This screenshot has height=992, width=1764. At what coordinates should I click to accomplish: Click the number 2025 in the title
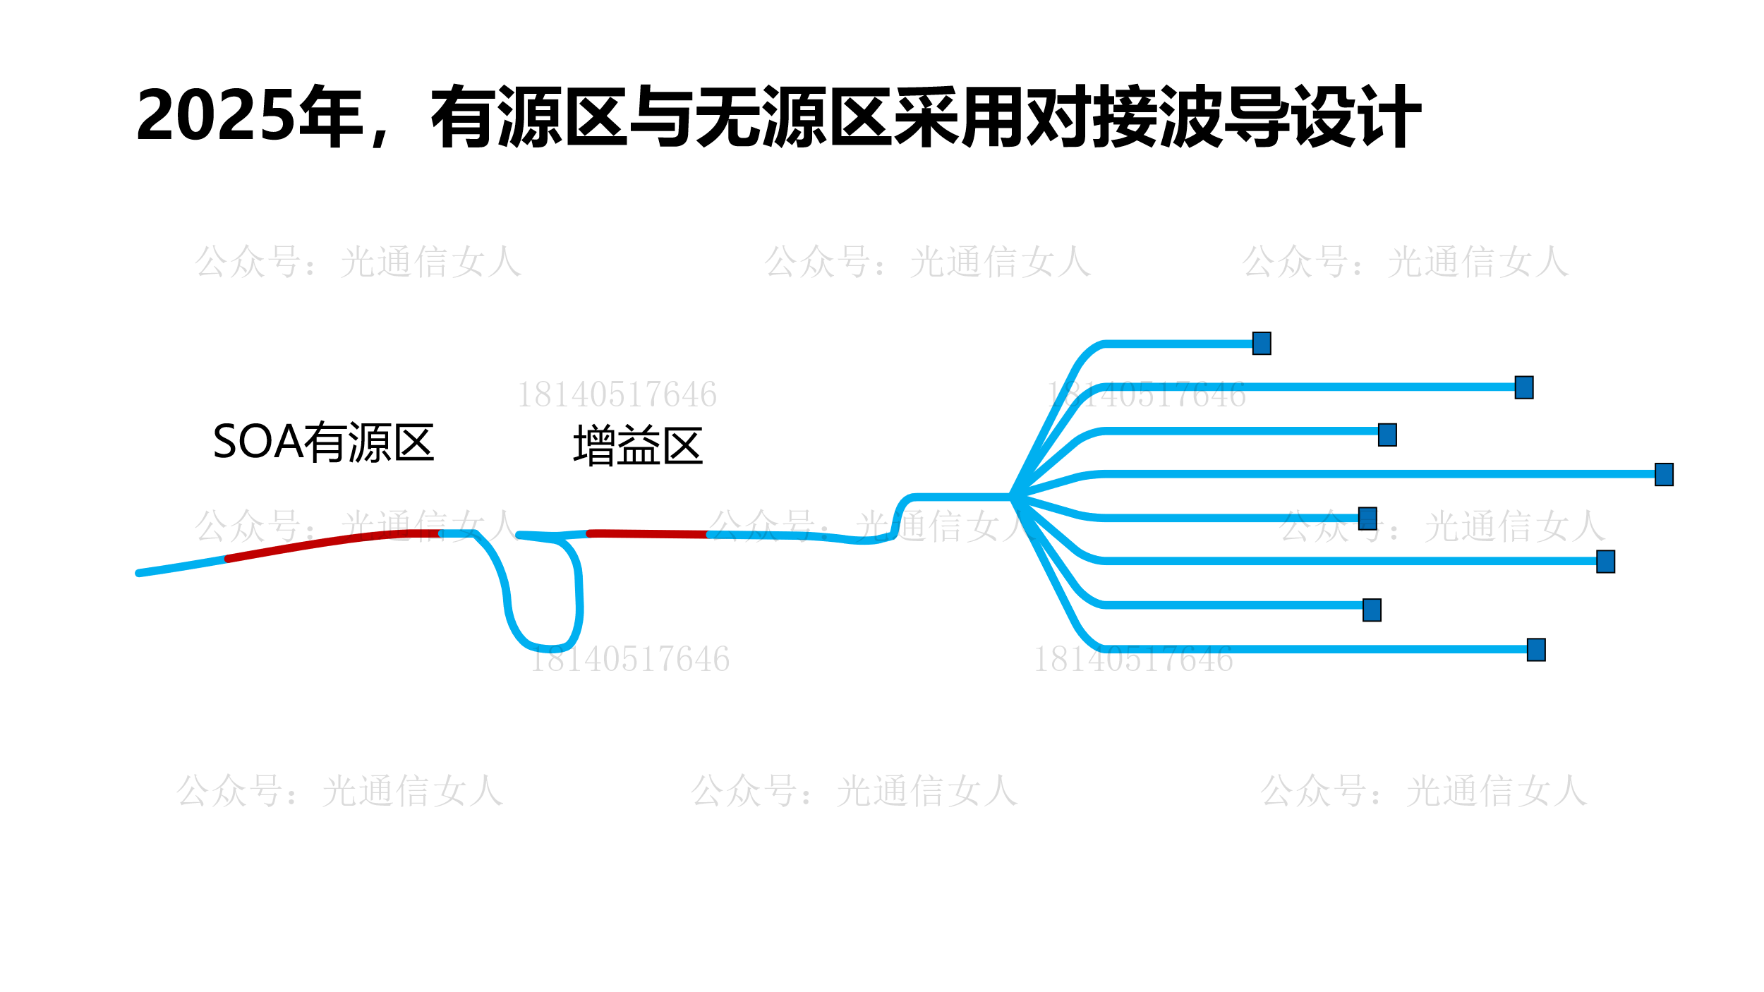(x=215, y=116)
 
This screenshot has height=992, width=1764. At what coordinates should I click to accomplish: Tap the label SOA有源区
(x=323, y=442)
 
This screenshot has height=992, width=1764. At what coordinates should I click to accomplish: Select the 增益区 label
(x=638, y=446)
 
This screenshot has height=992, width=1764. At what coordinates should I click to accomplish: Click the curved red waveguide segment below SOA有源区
(x=332, y=541)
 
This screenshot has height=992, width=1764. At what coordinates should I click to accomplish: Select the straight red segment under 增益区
(x=648, y=534)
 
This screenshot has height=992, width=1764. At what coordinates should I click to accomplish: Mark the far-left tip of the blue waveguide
(x=140, y=573)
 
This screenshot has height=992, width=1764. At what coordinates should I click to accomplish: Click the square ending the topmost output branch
(x=1262, y=344)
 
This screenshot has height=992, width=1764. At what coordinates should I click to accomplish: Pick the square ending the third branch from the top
(x=1387, y=435)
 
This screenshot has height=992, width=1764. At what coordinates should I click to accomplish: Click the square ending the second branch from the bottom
(x=1372, y=610)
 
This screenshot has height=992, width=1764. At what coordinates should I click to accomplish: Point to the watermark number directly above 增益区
(x=617, y=394)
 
